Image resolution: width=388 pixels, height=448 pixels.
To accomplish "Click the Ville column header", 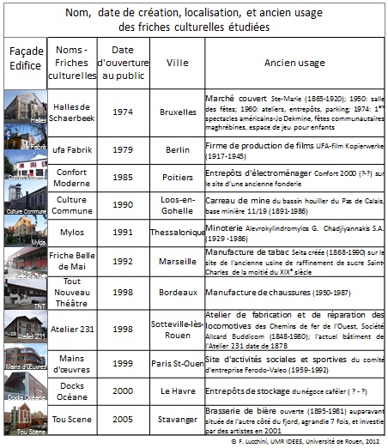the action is point(177,62).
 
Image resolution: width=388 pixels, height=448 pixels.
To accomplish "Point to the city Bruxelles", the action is point(178,112).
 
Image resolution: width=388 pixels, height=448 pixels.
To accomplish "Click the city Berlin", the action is point(178,152).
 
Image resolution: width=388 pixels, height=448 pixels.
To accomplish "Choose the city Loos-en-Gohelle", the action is point(178,207).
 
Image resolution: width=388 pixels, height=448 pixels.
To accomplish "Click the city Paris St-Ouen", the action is point(178,363).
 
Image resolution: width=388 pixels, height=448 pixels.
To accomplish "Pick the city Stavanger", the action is point(178,421).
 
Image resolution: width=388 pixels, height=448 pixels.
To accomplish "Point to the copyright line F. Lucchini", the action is point(308,441).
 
